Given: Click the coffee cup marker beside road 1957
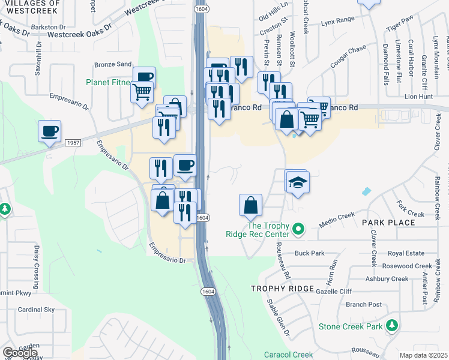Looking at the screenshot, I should pos(49,131).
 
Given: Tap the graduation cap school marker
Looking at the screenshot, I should pos(297,181).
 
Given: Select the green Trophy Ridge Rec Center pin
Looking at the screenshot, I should pos(297,229).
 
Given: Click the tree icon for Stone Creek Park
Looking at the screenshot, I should pos(392,326).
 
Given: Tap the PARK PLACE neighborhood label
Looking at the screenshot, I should pos(388,223).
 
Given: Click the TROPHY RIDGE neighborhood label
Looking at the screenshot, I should pos(282,289).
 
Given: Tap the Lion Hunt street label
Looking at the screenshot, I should pos(418,96).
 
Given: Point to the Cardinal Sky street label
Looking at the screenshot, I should pos(36,310).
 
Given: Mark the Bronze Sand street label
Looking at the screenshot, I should pos(112,64).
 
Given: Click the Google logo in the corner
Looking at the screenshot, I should pos(20,353).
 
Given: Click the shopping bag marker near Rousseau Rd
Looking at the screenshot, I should pos(250,205).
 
